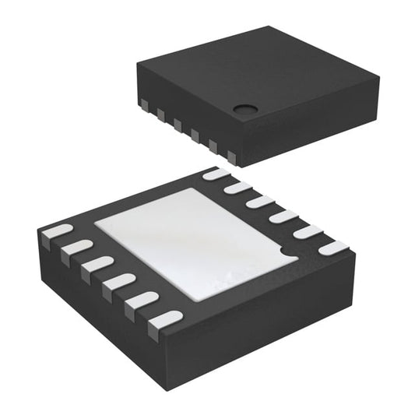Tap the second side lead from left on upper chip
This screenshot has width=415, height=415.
click(x=162, y=114)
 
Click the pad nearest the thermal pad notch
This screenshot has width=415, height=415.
click(x=333, y=248)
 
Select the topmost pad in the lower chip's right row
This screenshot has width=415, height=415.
click(x=215, y=175)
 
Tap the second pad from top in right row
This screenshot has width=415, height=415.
click(x=237, y=188)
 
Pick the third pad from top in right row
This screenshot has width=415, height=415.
click(x=259, y=202)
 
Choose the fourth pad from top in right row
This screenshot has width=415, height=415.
click(x=283, y=216)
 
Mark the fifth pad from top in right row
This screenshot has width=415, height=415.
click(x=307, y=231)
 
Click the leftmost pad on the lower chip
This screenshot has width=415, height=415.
click(x=56, y=231)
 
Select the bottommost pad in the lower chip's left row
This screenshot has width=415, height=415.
click(x=164, y=318)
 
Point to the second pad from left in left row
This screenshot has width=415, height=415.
click(x=75, y=247)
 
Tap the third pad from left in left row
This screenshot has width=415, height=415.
click(x=95, y=263)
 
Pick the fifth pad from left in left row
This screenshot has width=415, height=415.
click(x=140, y=299)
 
